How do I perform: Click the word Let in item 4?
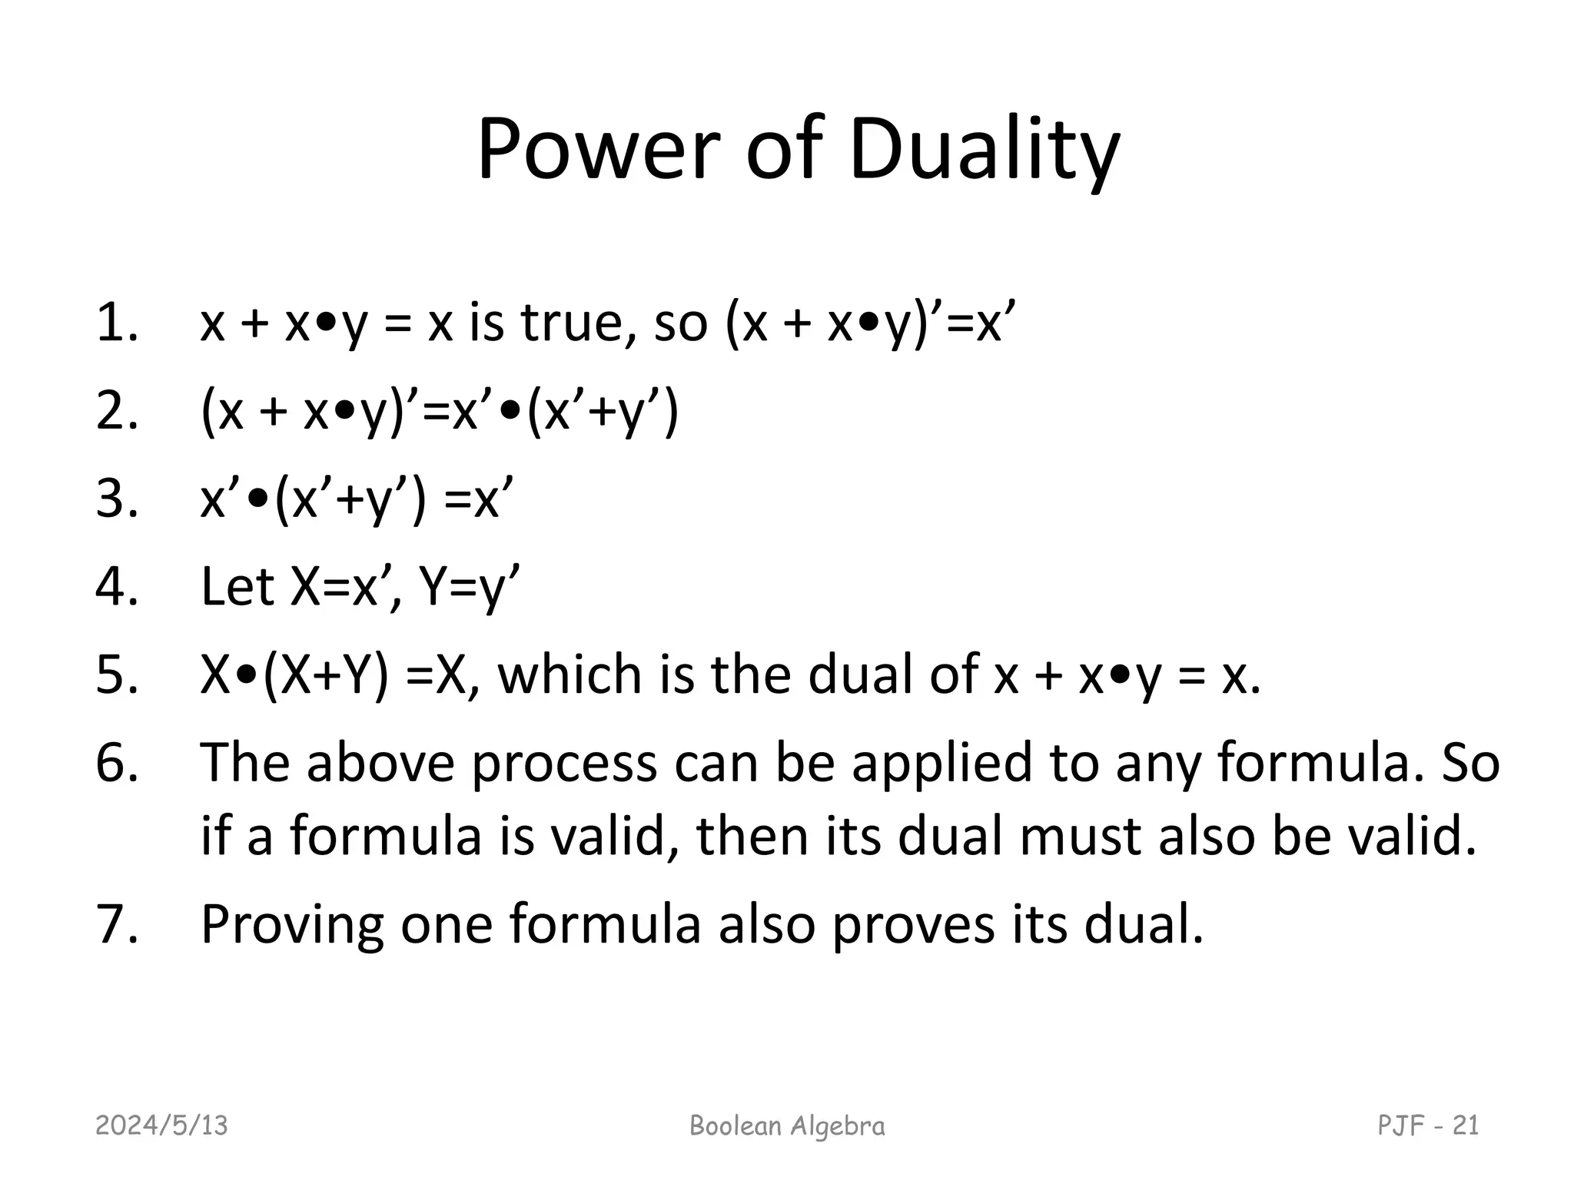pos(237,587)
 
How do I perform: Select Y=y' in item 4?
pos(469,587)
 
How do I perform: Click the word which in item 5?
pos(569,675)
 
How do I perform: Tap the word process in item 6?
pos(564,764)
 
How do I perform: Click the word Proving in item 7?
pos(292,925)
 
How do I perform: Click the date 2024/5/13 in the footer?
pos(161,1125)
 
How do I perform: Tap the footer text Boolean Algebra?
pos(787,1125)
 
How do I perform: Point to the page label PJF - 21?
pos(1428,1125)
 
